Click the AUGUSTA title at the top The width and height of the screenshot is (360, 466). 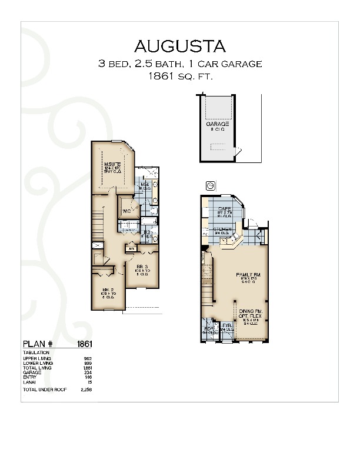pyautogui.click(x=180, y=46)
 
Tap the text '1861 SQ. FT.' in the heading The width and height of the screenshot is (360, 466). pyautogui.click(x=180, y=76)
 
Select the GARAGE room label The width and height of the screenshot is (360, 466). pyautogui.click(x=217, y=125)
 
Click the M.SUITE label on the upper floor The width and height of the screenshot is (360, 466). pyautogui.click(x=112, y=164)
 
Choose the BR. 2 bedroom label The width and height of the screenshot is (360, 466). pyautogui.click(x=107, y=291)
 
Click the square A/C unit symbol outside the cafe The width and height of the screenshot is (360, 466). pyautogui.click(x=209, y=186)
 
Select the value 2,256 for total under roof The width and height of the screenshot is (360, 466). pyautogui.click(x=86, y=390)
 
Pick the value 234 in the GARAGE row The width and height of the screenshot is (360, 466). pyautogui.click(x=89, y=372)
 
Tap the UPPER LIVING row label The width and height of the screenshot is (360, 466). pyautogui.click(x=37, y=358)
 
